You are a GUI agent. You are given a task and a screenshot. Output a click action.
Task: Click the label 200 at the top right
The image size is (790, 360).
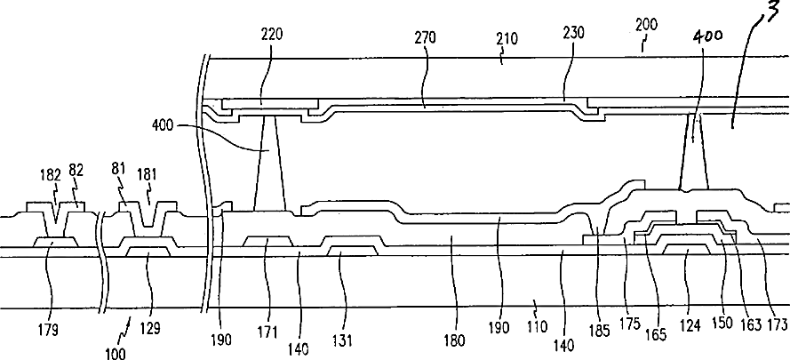648,27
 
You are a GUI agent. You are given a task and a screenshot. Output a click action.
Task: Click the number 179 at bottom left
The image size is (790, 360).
48,331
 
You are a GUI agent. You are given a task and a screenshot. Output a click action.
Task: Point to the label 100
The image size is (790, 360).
116,352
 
